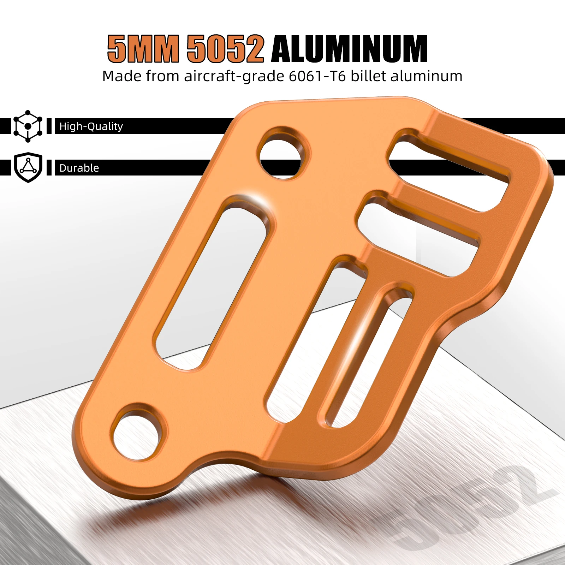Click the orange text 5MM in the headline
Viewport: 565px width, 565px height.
click(143, 49)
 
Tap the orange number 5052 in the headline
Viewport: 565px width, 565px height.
click(225, 49)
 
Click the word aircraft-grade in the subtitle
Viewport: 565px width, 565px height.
click(234, 76)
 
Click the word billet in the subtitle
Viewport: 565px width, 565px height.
click(368, 76)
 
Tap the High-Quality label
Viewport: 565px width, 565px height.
click(91, 126)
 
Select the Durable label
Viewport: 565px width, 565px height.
click(79, 168)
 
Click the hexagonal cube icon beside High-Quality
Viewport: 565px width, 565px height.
click(28, 126)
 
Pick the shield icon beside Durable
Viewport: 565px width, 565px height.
click(28, 167)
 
